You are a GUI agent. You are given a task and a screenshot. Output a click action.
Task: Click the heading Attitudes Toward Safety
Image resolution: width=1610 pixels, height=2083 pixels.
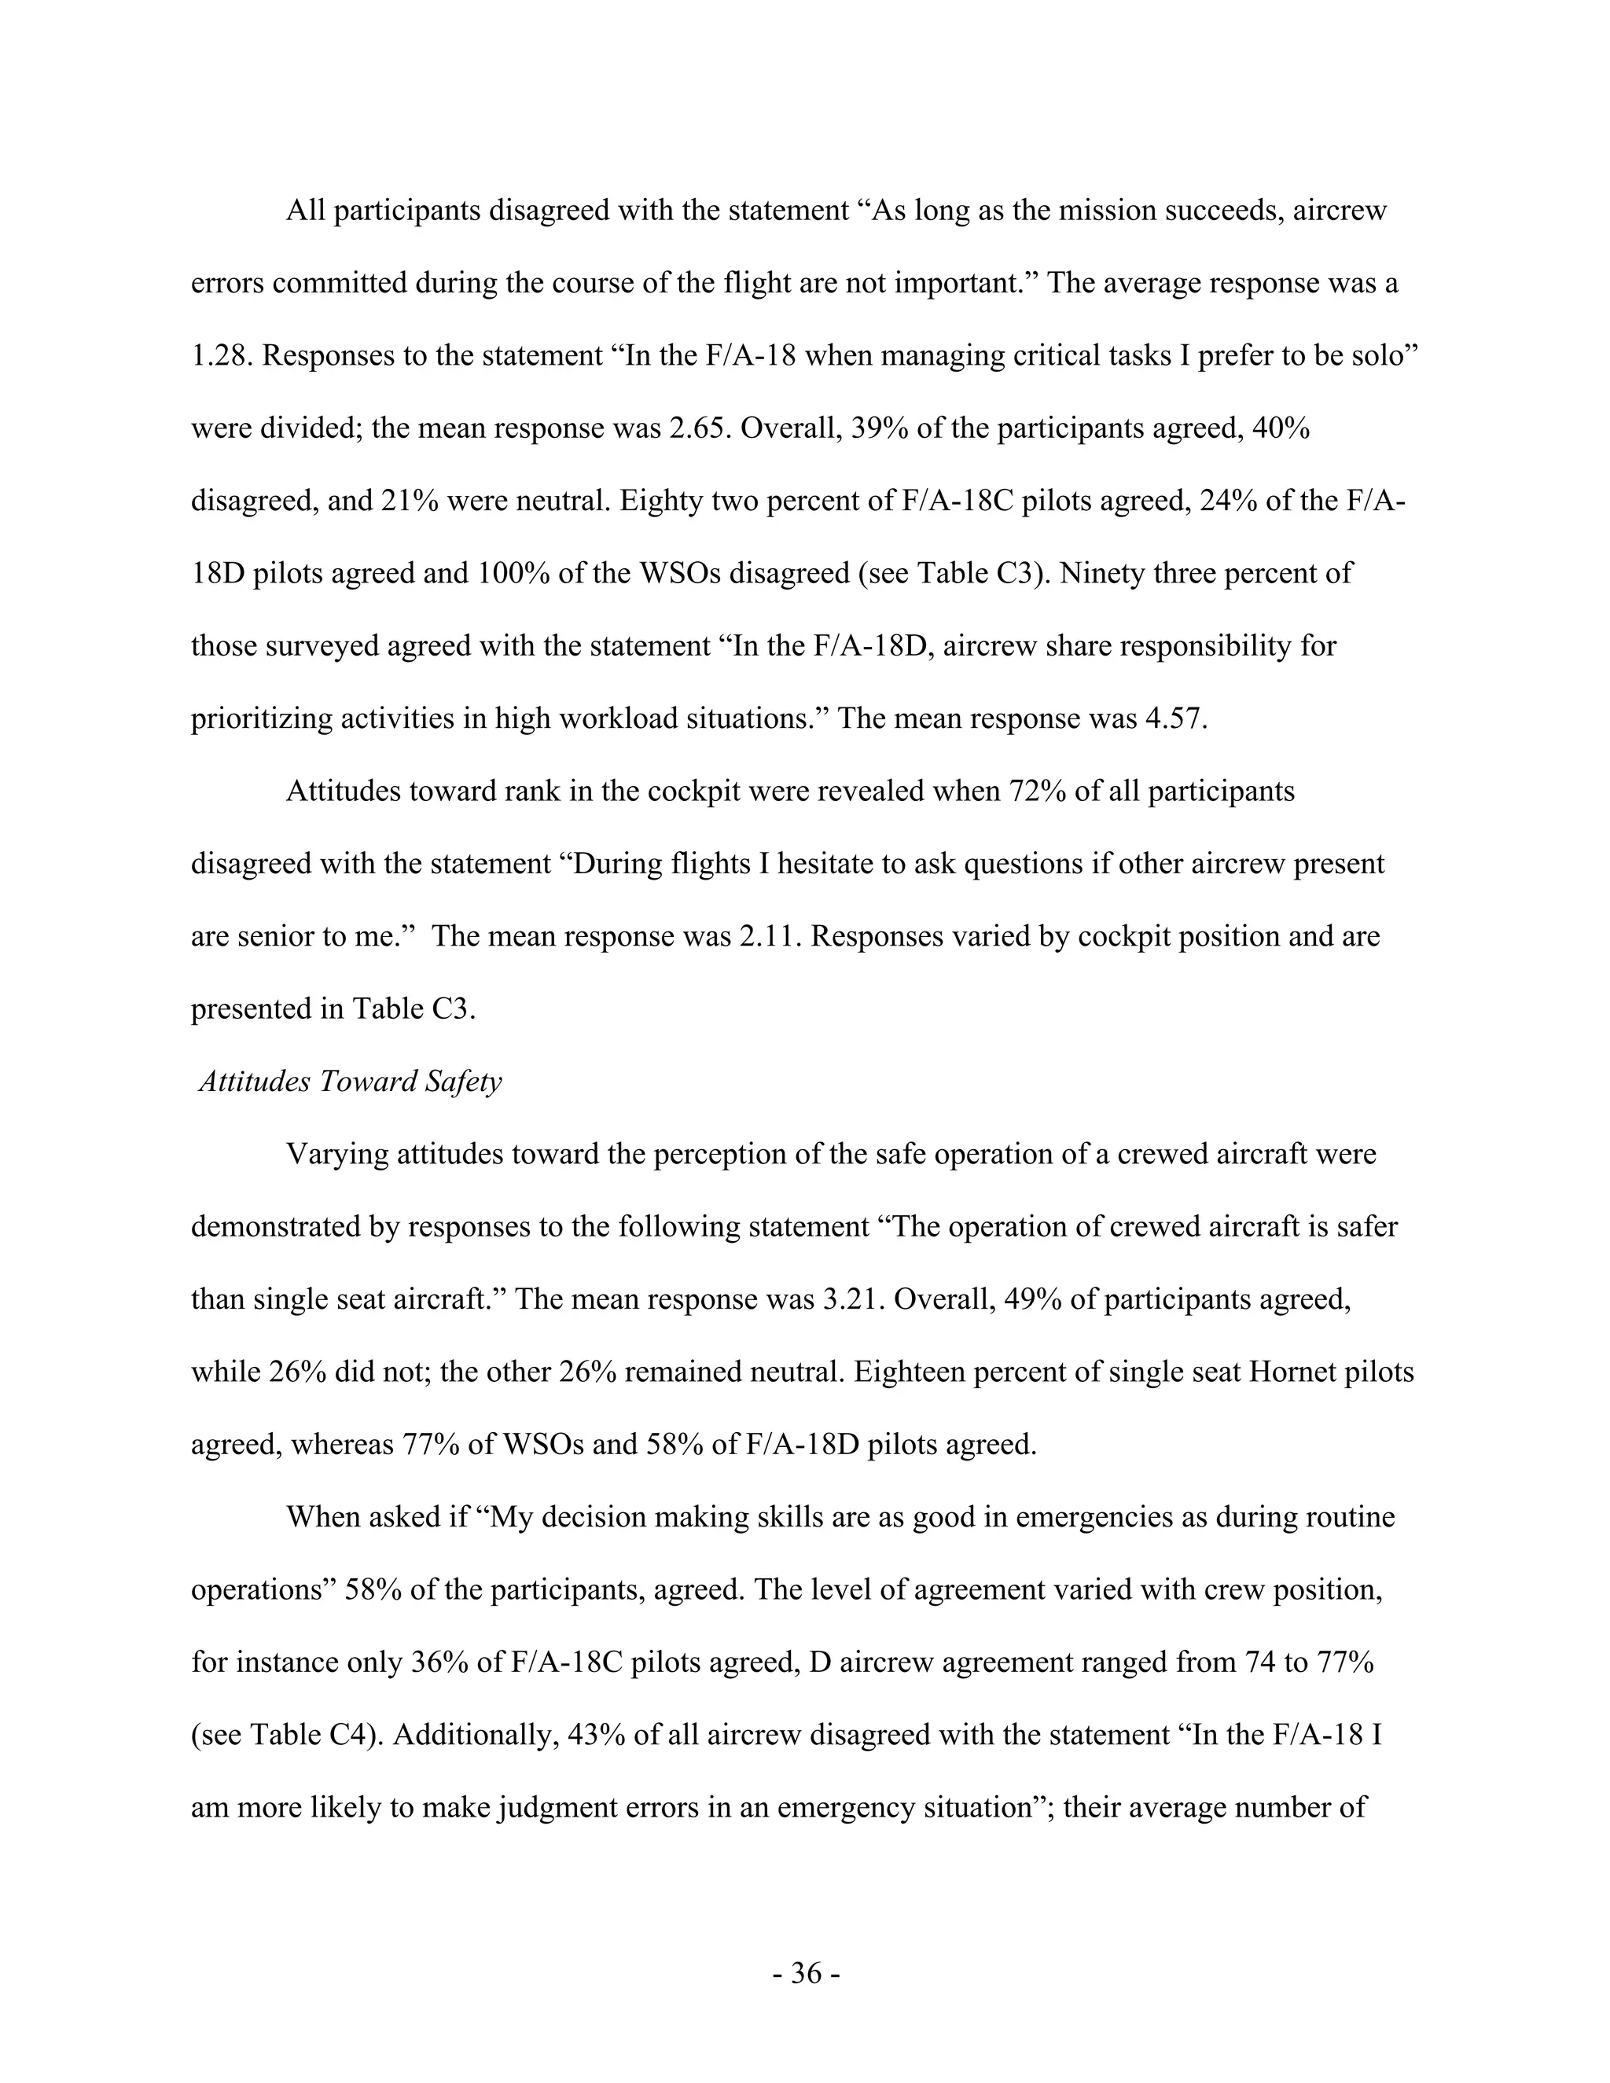click(350, 1082)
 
